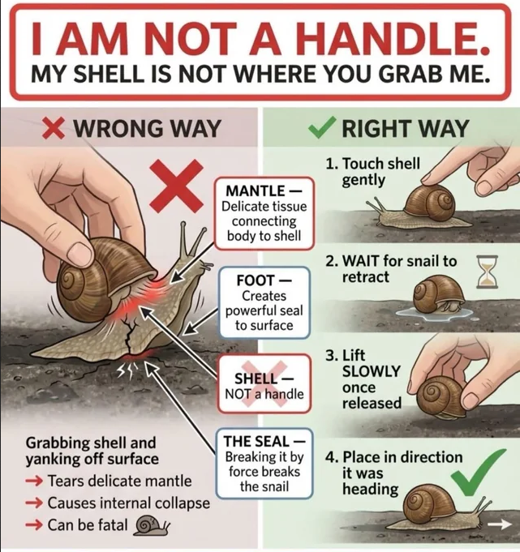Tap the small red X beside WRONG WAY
click(54, 128)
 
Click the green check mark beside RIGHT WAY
click(321, 127)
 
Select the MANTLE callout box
click(264, 214)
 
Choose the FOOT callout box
click(264, 303)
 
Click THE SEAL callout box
click(264, 464)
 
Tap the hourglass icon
click(488, 272)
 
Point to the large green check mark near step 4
click(477, 471)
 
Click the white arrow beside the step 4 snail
click(500, 524)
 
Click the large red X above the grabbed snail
click(176, 186)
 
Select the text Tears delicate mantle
click(119, 481)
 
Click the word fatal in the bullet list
click(113, 525)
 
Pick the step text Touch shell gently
click(372, 172)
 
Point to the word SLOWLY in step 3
click(372, 371)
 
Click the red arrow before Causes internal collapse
click(34, 503)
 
